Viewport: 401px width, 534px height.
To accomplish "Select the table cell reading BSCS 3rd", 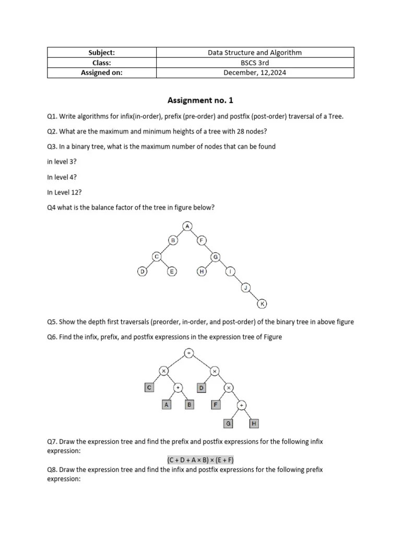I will [254, 63].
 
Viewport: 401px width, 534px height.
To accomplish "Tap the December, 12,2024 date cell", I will [254, 72].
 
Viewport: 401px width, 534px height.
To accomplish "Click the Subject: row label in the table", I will [102, 53].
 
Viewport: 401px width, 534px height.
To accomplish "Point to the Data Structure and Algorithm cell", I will [254, 53].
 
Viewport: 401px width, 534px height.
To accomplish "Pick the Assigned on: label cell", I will [102, 72].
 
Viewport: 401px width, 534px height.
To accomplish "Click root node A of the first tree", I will [187, 226].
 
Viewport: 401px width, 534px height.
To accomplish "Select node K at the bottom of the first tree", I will [263, 304].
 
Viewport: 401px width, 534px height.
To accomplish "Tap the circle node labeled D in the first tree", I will [142, 272].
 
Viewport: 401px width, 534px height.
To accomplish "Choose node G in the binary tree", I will [216, 257].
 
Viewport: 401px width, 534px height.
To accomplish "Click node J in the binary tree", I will [246, 287].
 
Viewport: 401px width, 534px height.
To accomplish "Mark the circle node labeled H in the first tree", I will [202, 272].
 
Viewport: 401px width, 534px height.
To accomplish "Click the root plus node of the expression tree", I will [189, 353].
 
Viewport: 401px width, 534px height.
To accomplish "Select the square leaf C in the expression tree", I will [149, 387].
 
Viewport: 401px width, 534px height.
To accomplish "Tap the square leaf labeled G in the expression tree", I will [228, 423].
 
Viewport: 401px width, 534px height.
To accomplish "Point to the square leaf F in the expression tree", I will [216, 404].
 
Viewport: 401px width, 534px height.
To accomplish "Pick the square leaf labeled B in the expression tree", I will [190, 404].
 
